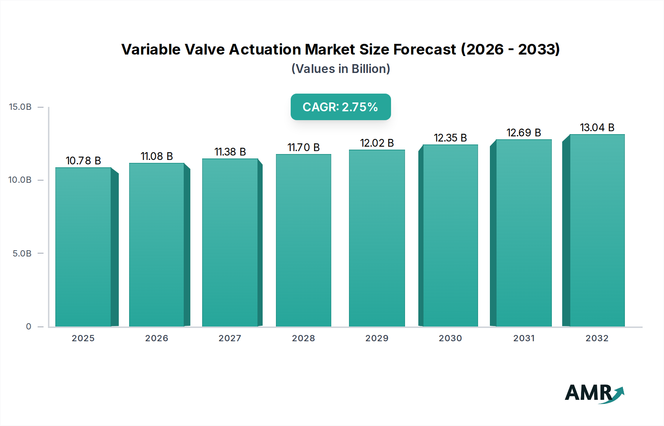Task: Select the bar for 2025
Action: pyautogui.click(x=83, y=247)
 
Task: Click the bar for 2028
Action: pyautogui.click(x=304, y=240)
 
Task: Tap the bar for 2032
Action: pyautogui.click(x=597, y=230)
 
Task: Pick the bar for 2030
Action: pyautogui.click(x=450, y=235)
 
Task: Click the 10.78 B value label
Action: pyautogui.click(x=83, y=161)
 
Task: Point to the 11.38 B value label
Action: pyautogui.click(x=230, y=152)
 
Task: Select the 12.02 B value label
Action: pyautogui.click(x=377, y=143)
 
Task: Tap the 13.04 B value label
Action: pyautogui.click(x=597, y=128)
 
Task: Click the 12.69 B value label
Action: pyautogui.click(x=523, y=133)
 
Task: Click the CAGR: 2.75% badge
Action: pyautogui.click(x=340, y=107)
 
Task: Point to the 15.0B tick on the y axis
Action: pyautogui.click(x=20, y=107)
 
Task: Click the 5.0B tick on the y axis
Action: pyautogui.click(x=22, y=254)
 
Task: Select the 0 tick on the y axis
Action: pyautogui.click(x=29, y=327)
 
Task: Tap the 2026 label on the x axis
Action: pyautogui.click(x=156, y=338)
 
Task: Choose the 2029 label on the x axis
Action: pyautogui.click(x=377, y=338)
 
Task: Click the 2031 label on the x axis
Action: pyautogui.click(x=523, y=338)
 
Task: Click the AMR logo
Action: pyautogui.click(x=594, y=393)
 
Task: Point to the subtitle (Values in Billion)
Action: pyautogui.click(x=340, y=69)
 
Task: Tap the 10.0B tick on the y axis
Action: pyautogui.click(x=20, y=180)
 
